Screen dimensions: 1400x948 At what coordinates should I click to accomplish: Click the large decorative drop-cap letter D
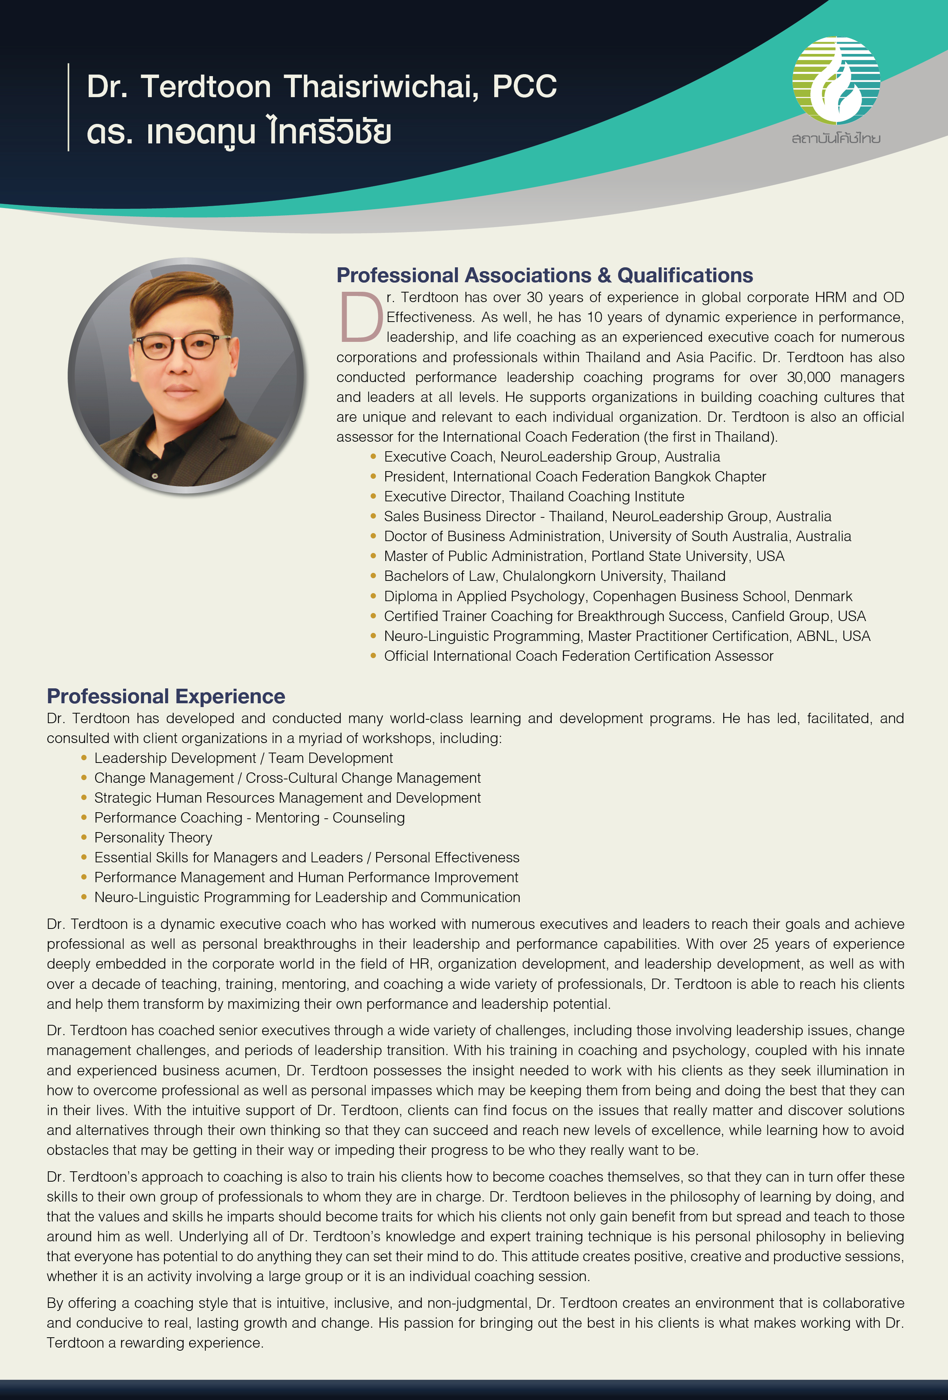click(x=360, y=317)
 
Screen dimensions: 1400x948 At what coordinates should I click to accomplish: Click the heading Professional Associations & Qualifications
click(x=544, y=275)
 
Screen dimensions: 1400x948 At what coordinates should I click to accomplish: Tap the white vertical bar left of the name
click(x=69, y=107)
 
